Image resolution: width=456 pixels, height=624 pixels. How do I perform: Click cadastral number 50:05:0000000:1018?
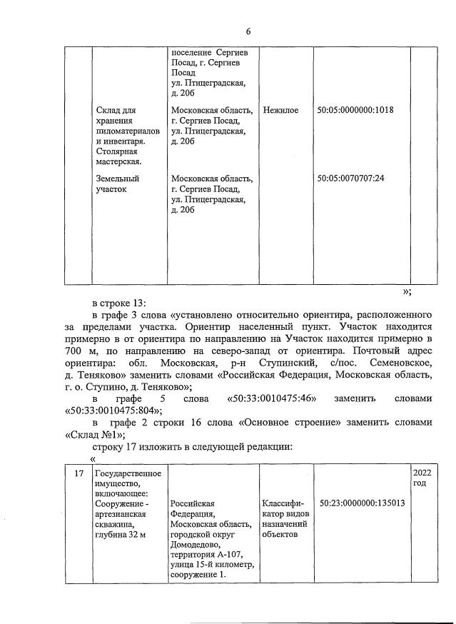tap(355, 110)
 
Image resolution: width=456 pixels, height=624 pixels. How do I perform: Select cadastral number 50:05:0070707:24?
tap(350, 178)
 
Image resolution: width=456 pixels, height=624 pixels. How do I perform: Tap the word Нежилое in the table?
tap(280, 110)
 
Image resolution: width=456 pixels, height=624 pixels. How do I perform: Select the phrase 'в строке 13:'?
tap(118, 301)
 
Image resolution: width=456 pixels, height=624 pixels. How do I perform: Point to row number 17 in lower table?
tap(80, 473)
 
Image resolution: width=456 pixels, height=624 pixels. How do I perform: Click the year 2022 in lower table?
tap(422, 473)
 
